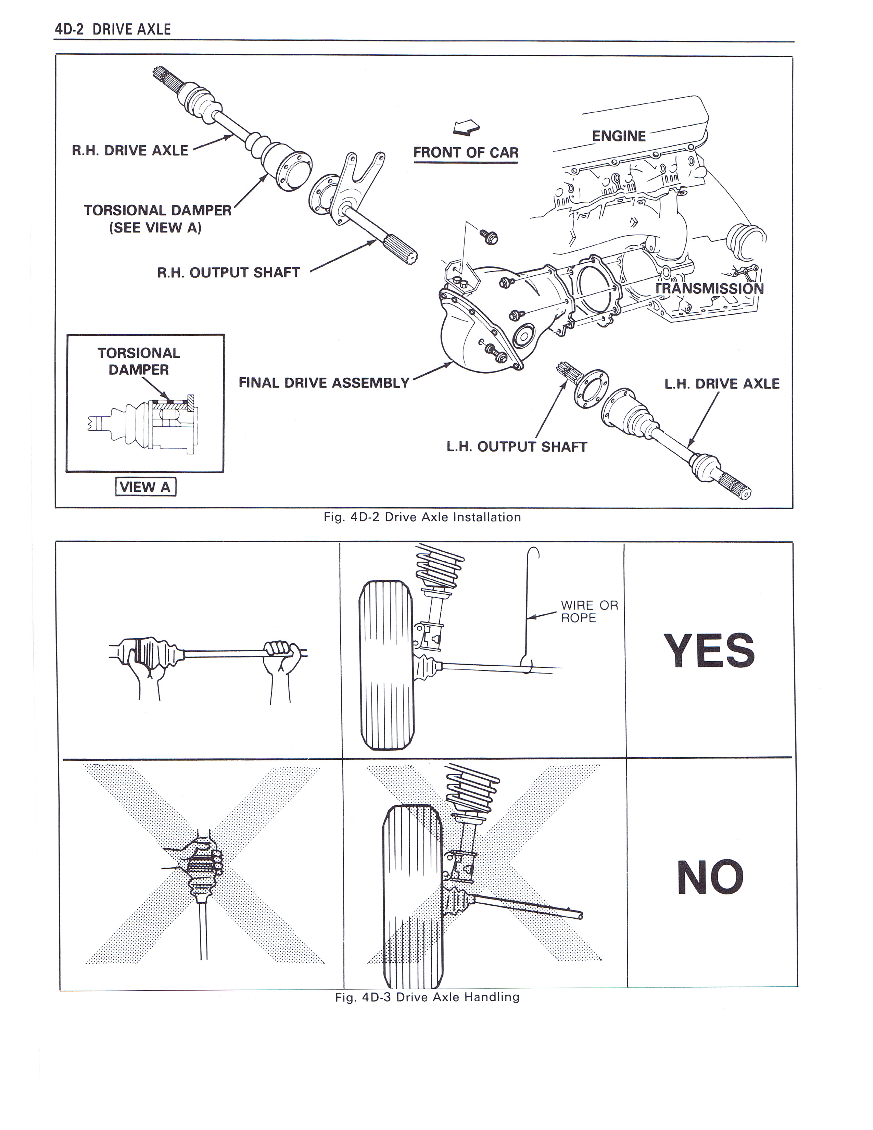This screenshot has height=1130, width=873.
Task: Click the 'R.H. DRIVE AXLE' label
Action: [x=130, y=151]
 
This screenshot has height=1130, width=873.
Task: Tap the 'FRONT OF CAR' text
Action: [x=466, y=153]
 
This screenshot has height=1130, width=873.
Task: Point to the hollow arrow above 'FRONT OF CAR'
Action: [x=466, y=127]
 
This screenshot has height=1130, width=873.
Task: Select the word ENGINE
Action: [x=619, y=136]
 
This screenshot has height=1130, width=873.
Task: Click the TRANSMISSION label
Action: [x=710, y=288]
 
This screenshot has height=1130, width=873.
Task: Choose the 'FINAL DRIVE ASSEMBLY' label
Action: [x=324, y=383]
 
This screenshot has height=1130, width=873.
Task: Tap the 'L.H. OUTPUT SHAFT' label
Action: [x=517, y=447]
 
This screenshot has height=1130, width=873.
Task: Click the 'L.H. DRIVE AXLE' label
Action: [x=721, y=384]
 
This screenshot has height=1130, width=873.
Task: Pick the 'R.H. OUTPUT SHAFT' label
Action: [x=228, y=273]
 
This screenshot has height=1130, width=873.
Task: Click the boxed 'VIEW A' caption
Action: [x=145, y=487]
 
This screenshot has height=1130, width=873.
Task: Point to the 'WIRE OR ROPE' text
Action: [x=589, y=612]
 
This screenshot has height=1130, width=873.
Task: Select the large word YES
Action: [x=709, y=651]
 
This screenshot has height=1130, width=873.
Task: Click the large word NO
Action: [x=710, y=878]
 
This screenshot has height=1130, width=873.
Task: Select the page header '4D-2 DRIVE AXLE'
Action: [x=113, y=29]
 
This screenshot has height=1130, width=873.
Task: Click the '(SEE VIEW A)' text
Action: [x=155, y=228]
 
